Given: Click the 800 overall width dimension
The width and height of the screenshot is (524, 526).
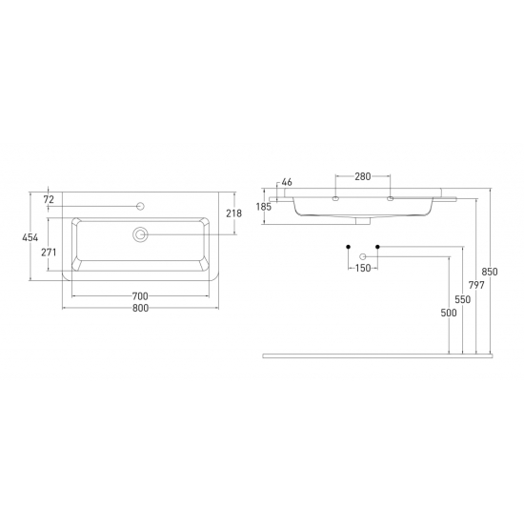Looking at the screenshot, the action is [140, 308].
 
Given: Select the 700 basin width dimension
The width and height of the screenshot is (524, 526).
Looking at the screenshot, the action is [140, 296].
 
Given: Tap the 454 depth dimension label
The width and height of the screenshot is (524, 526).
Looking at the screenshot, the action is [30, 237].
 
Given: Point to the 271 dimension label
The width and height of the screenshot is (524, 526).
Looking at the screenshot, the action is [49, 253].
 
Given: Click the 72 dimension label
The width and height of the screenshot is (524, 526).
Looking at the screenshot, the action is [49, 199].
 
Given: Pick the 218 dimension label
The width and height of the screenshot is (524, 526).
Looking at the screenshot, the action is [233, 213].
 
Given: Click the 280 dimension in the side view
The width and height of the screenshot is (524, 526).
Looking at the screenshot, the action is [363, 176].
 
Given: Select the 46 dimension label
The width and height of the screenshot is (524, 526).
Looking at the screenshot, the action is [287, 182].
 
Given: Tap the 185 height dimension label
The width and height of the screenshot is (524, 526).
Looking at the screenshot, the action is [264, 207].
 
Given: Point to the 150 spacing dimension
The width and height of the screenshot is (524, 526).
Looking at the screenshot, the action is [363, 268].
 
